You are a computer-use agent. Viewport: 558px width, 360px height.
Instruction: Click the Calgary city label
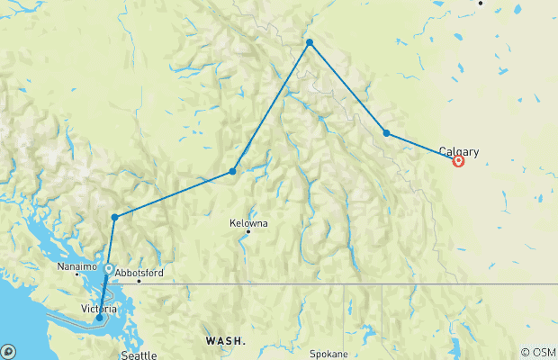click(459, 152)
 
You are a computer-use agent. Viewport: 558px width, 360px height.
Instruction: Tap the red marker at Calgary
click(459, 162)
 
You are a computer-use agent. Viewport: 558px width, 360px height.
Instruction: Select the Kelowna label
click(248, 222)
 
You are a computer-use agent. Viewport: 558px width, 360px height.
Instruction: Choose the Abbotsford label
click(139, 272)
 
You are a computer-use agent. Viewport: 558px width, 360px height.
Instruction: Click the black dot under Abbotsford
click(139, 282)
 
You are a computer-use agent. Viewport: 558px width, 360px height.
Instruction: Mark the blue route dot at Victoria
click(100, 318)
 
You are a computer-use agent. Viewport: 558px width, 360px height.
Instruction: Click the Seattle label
click(139, 355)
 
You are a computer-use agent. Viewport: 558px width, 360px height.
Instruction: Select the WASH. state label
click(224, 341)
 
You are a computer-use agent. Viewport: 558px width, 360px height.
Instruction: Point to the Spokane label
click(329, 355)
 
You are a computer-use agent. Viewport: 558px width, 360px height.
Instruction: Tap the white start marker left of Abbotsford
click(109, 269)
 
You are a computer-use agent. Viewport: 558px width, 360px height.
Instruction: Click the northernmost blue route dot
click(310, 42)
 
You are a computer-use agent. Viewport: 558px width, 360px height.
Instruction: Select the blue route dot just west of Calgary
click(387, 133)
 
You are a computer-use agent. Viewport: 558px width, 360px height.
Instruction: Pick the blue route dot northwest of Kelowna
click(233, 171)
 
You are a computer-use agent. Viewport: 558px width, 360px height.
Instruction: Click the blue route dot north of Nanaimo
click(114, 217)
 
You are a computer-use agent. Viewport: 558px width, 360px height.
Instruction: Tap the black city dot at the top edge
click(481, 3)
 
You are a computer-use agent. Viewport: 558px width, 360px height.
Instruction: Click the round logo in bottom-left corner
click(8, 351)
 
